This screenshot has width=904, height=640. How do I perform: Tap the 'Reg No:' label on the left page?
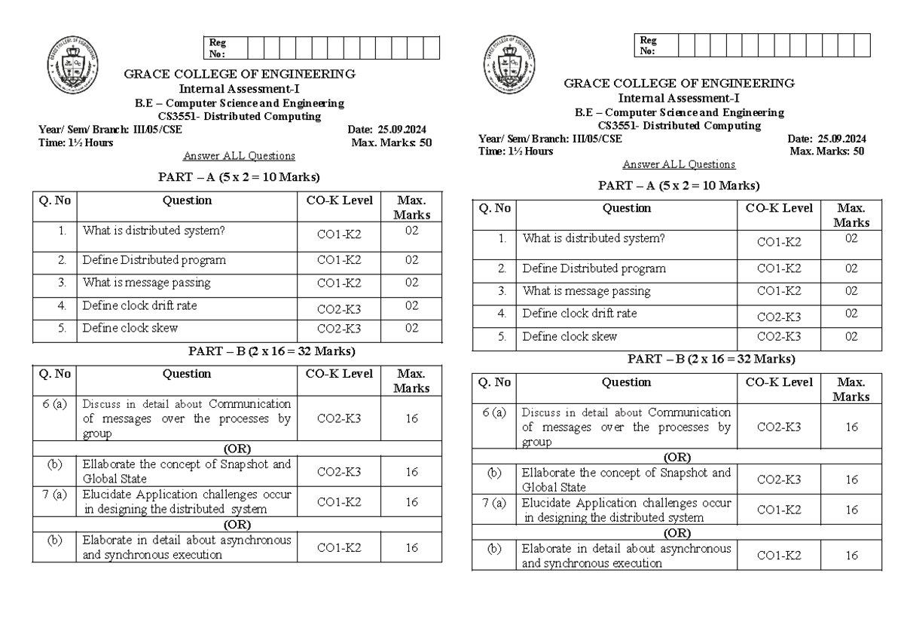click(218, 48)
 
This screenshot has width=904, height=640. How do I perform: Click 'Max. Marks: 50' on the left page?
click(392, 142)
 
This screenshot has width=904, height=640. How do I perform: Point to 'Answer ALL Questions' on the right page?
click(679, 164)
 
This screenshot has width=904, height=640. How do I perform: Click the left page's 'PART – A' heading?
click(238, 177)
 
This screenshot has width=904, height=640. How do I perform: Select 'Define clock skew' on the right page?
click(570, 336)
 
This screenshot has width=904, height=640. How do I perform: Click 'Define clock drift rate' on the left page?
click(140, 305)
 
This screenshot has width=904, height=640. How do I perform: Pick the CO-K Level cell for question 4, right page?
click(779, 317)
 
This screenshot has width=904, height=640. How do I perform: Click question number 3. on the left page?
click(63, 283)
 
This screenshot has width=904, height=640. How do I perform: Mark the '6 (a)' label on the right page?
click(494, 412)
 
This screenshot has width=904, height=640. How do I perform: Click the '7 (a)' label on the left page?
click(54, 495)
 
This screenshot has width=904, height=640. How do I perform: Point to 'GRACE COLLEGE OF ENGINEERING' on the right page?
click(679, 83)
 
